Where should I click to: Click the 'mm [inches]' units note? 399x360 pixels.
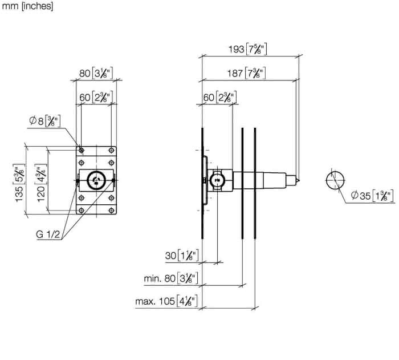click(x=27, y=6)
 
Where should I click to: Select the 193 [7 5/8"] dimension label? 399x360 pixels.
click(x=247, y=49)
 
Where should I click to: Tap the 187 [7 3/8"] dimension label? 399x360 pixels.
click(x=246, y=74)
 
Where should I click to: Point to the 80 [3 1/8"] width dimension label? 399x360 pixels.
click(x=96, y=74)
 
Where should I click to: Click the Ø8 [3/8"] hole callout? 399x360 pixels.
click(x=45, y=121)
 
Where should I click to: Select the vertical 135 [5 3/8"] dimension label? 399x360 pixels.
click(x=19, y=183)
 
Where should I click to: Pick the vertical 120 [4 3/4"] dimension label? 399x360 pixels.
click(x=41, y=183)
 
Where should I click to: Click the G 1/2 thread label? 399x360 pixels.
click(x=48, y=234)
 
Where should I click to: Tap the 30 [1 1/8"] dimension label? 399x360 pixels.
click(x=182, y=255)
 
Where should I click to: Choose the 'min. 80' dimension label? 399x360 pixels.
click(x=171, y=278)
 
